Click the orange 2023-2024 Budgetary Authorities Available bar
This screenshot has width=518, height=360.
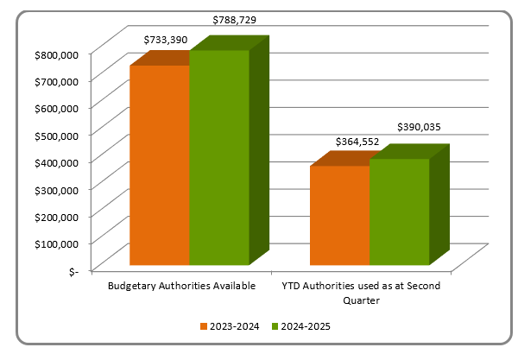click(160, 165)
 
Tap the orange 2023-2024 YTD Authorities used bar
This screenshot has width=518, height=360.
click(339, 215)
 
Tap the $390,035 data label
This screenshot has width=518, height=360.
click(419, 126)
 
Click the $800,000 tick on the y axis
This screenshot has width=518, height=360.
click(54, 54)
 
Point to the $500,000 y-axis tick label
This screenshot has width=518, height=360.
click(54, 135)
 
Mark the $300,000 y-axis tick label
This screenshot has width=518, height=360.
click(54, 189)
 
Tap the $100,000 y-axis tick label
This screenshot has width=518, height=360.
click(54, 243)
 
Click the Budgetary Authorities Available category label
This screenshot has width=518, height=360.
click(182, 286)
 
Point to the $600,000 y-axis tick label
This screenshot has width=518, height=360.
click(54, 108)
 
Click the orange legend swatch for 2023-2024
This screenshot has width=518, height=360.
click(204, 326)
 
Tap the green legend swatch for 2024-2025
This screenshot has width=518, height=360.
click(275, 326)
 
